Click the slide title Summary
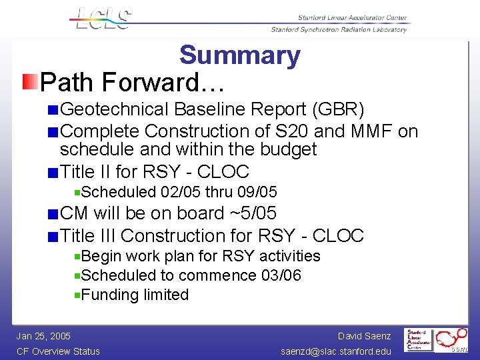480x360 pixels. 239,55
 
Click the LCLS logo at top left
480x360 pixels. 103,18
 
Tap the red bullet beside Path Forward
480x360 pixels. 29,83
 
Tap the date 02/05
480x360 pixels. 181,193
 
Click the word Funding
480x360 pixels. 109,295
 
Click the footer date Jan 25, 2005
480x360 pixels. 44,336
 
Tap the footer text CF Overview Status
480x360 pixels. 59,351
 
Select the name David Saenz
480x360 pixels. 364,336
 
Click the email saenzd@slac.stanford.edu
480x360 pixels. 336,351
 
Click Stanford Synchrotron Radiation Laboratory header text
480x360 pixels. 339,30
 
